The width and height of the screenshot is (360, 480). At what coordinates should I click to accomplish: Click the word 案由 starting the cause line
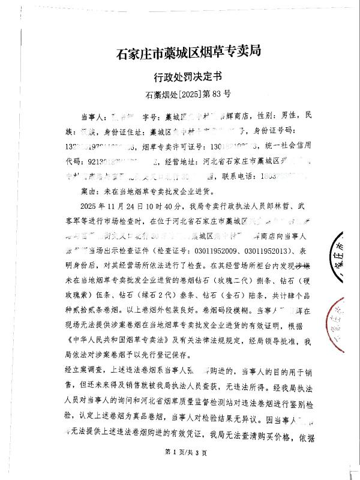88,190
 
